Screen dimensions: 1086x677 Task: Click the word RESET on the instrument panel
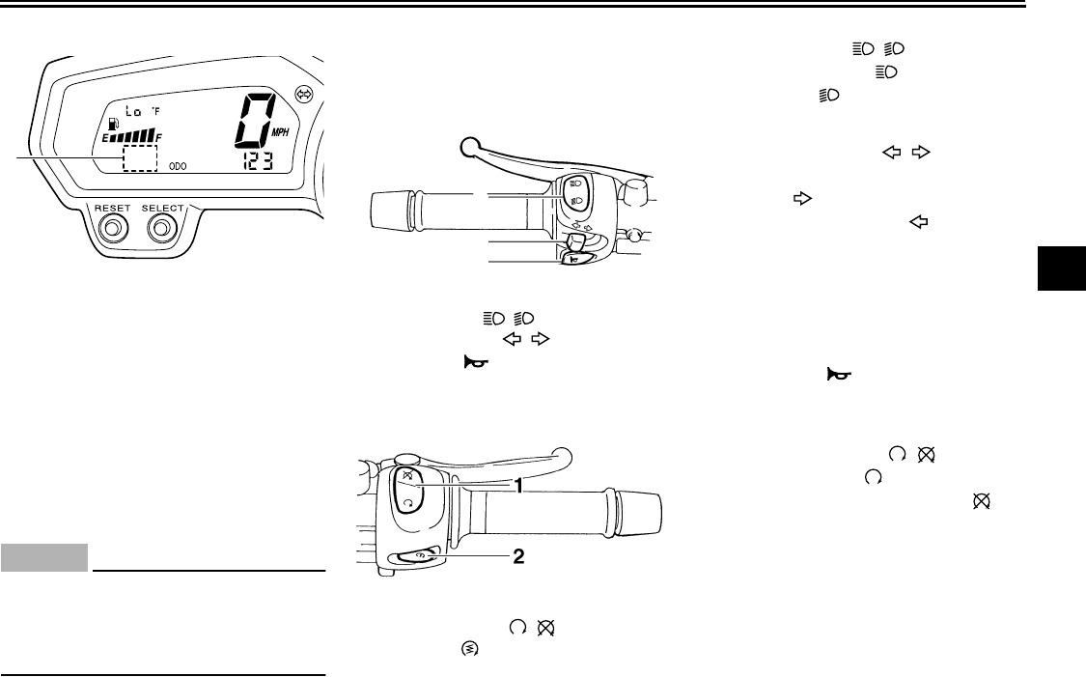click(112, 208)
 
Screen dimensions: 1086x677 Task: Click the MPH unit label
click(281, 132)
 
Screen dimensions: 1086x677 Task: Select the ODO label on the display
click(178, 166)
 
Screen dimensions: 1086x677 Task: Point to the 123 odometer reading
click(258, 161)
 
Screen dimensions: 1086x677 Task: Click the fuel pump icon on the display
click(113, 126)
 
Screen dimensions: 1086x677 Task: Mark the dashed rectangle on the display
click(140, 158)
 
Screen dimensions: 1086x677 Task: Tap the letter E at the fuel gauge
click(106, 138)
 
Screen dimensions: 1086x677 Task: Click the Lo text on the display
click(133, 111)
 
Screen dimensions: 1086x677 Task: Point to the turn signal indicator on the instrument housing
click(304, 94)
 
